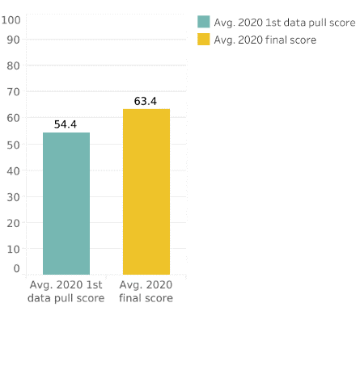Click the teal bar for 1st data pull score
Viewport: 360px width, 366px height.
pos(66,203)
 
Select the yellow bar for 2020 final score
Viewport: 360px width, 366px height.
pos(146,191)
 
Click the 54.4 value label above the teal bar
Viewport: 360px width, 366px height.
pos(66,124)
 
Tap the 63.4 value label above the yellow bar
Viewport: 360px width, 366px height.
pos(146,101)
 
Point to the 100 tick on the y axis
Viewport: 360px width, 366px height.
pos(11,19)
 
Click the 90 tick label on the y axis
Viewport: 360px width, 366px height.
pos(15,39)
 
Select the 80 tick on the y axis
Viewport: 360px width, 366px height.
pos(15,65)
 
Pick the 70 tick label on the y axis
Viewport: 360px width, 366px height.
pos(15,91)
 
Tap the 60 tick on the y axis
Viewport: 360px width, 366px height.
pos(15,118)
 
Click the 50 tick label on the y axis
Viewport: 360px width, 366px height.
pos(15,144)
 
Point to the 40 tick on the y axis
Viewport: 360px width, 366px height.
pos(15,170)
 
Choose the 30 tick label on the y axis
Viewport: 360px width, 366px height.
pos(15,196)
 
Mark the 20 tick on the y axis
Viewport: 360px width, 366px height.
pos(15,222)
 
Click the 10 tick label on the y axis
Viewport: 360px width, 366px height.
pos(15,249)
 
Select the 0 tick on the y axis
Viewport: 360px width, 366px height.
pos(17,268)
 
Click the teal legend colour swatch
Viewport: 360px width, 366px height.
pos(204,22)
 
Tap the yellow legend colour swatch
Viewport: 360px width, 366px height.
pos(204,40)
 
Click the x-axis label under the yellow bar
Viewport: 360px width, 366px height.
pos(146,292)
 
